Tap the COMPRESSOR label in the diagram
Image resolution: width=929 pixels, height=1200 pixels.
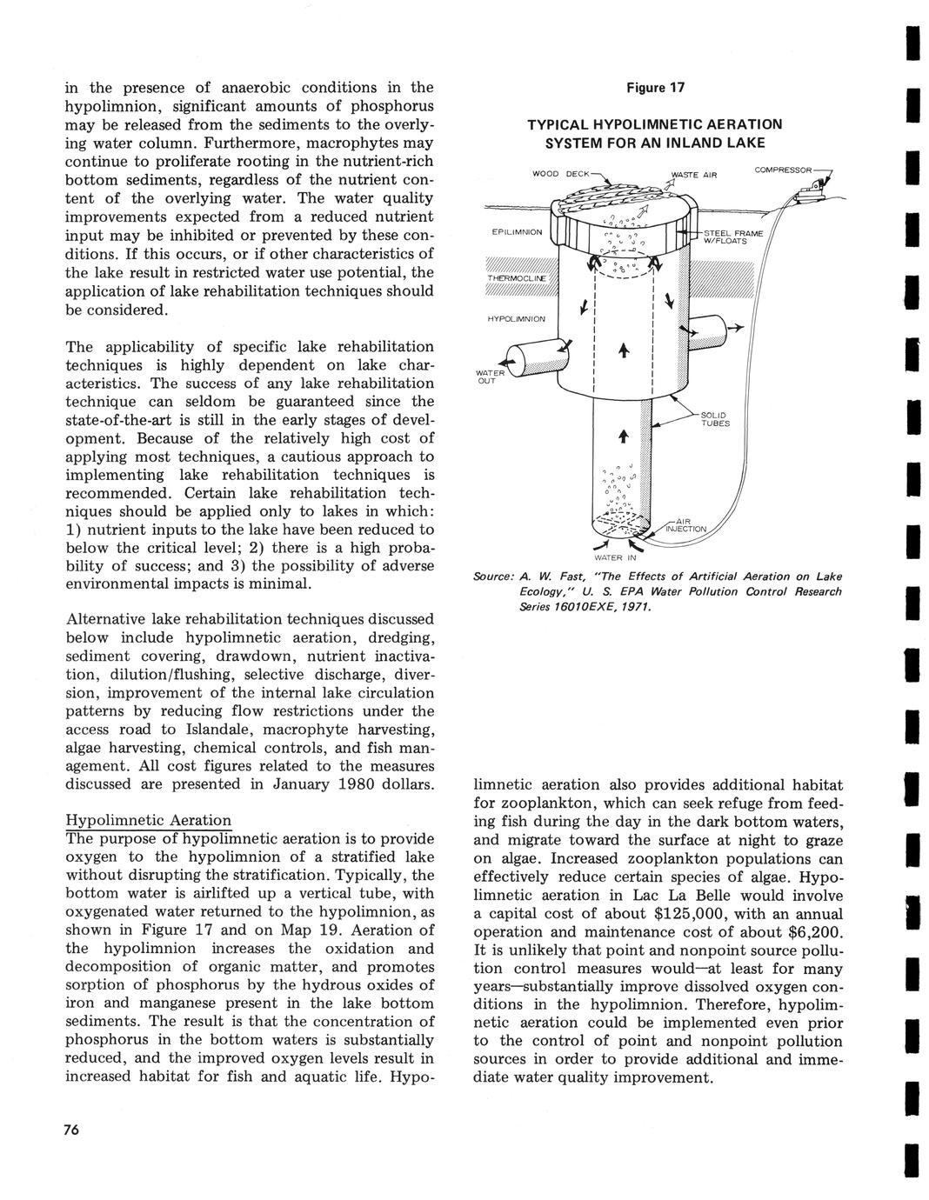pos(783,170)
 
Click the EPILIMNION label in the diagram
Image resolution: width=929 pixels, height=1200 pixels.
pos(517,232)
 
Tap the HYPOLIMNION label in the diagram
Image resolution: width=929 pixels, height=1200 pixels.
pos(516,318)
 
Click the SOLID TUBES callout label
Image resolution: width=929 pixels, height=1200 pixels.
pos(715,419)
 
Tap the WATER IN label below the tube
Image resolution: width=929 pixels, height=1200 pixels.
pos(615,557)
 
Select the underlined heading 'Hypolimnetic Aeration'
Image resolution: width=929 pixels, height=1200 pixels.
pos(149,820)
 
